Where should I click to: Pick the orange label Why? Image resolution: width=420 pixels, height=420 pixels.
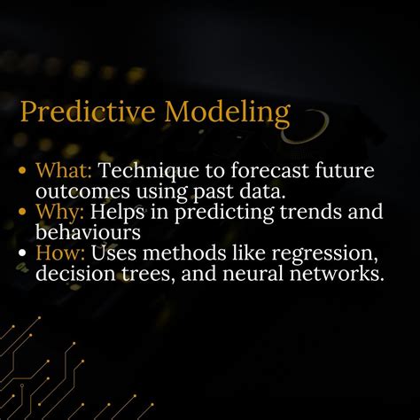tap(57, 214)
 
